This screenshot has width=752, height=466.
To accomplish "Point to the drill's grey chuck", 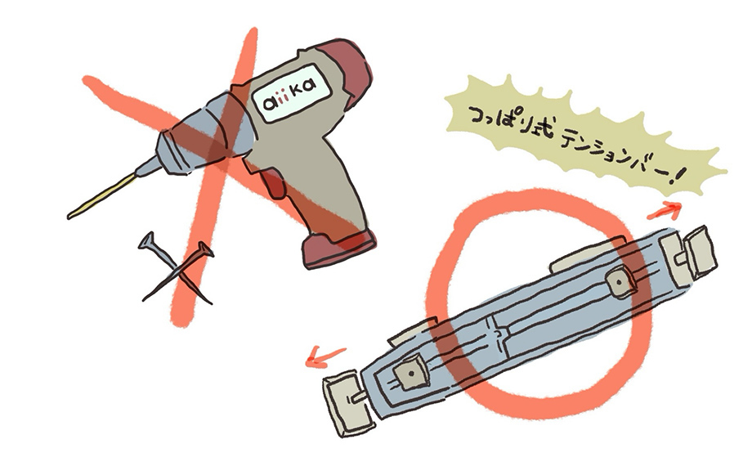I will pos(175,146).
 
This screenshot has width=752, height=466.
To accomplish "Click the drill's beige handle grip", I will pos(323,196).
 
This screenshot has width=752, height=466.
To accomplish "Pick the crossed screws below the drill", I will pos(176,270).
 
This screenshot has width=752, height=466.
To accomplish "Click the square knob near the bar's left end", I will pos(408,373).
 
